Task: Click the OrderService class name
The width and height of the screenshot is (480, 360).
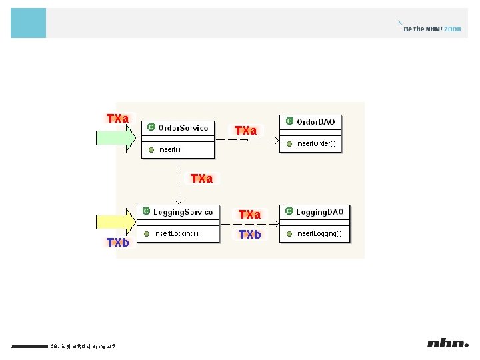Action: pyautogui.click(x=183, y=127)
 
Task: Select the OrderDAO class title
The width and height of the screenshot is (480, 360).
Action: pyautogui.click(x=315, y=121)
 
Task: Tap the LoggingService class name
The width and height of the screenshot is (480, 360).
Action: pyautogui.click(x=183, y=212)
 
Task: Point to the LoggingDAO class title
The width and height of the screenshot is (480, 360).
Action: pyautogui.click(x=320, y=212)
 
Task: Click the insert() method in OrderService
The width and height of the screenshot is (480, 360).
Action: pyautogui.click(x=169, y=149)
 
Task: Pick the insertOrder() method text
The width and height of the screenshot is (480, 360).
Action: pyautogui.click(x=316, y=143)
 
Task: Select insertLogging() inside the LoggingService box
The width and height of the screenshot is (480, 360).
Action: pyautogui.click(x=177, y=234)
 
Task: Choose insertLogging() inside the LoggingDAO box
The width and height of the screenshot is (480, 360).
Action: pyautogui.click(x=319, y=234)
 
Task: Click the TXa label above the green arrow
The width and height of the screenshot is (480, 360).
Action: pyautogui.click(x=118, y=119)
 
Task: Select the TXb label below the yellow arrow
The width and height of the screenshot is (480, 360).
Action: pyautogui.click(x=118, y=243)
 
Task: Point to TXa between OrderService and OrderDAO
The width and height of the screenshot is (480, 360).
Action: pyautogui.click(x=246, y=131)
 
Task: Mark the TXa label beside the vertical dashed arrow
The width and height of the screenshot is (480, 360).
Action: pyautogui.click(x=201, y=179)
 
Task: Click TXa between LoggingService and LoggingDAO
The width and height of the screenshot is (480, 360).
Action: pyautogui.click(x=249, y=215)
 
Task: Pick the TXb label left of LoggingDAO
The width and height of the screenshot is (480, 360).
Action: pyautogui.click(x=249, y=235)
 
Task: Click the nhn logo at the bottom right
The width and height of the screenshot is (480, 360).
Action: pyautogui.click(x=448, y=343)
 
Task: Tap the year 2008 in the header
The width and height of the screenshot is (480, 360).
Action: pyautogui.click(x=452, y=29)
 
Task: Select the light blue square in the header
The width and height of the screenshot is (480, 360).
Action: pyautogui.click(x=29, y=23)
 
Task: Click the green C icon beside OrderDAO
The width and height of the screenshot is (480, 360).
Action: pyautogui.click(x=289, y=121)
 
